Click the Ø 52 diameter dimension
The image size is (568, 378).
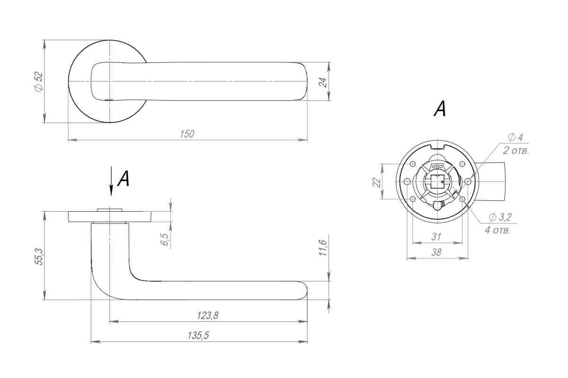pos(39,82)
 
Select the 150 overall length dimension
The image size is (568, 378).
pos(187,134)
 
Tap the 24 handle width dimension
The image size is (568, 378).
pos(323,82)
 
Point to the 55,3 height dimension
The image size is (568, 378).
pos(39,257)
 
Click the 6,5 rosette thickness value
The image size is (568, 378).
pos(164,239)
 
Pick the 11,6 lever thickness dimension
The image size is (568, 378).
pos(322,248)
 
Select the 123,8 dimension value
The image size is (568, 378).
pos(208,316)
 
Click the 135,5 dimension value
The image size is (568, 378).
pos(198,335)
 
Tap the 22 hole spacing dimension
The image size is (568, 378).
pos(377,182)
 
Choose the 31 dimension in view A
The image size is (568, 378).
pos(436,237)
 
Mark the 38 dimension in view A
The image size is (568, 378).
pos(436,252)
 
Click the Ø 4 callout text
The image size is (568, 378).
pos(515,137)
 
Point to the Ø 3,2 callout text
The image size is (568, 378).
pos(500,217)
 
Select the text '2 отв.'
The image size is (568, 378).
pos(516,151)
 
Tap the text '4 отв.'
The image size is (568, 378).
pos(497,231)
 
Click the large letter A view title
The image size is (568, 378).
pos(440,109)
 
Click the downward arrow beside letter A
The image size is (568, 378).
pos(111,181)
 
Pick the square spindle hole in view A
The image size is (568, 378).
pos(438,182)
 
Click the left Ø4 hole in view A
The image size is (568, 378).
pos(407,182)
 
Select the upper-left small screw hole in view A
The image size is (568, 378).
pos(413,164)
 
